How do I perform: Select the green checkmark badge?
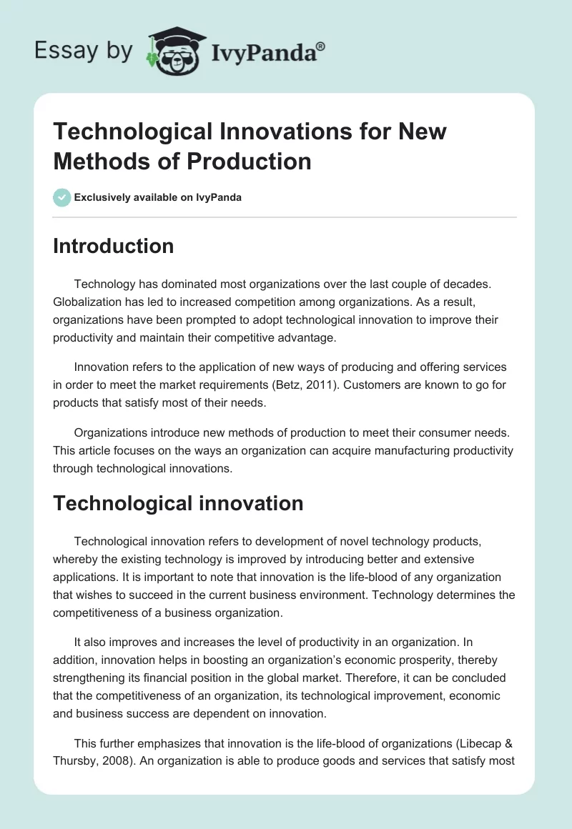click(61, 197)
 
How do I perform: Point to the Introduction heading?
click(114, 246)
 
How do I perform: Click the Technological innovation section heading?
click(178, 503)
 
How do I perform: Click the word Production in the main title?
click(250, 161)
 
